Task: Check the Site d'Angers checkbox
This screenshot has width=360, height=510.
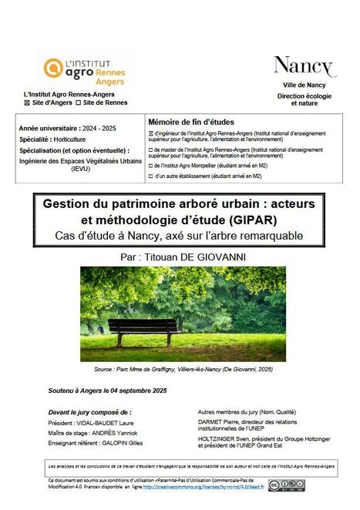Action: click(x=29, y=102)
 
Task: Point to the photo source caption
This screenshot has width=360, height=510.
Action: click(x=180, y=370)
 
